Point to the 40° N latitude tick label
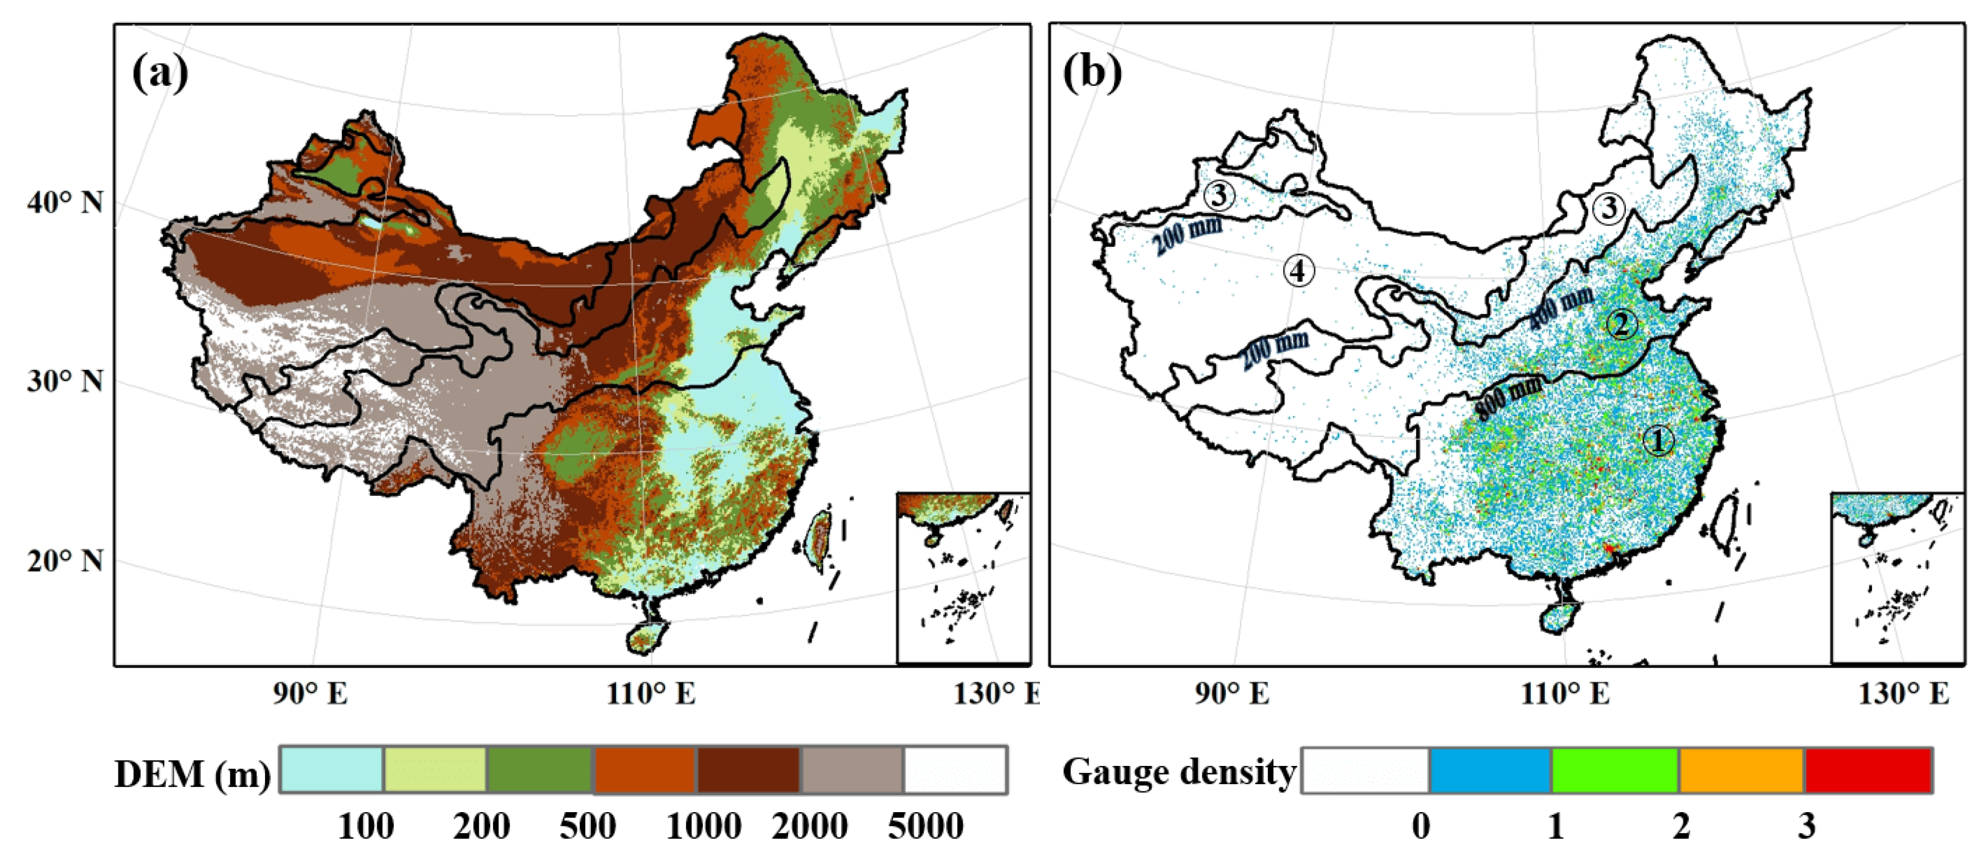(x=66, y=203)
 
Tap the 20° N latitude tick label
(x=66, y=561)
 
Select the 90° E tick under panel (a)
(x=310, y=694)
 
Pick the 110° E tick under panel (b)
(x=1566, y=694)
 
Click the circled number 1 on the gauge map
(x=1658, y=441)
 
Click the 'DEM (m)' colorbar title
(x=192, y=773)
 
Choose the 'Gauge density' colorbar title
(x=1179, y=771)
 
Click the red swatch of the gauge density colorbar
(x=1868, y=770)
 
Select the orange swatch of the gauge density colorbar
(x=1742, y=770)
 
